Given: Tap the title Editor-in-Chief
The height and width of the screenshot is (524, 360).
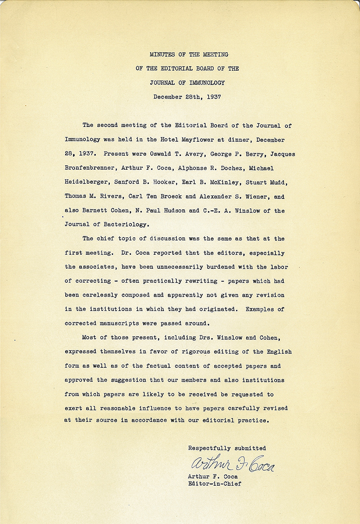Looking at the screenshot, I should tap(215, 483).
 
